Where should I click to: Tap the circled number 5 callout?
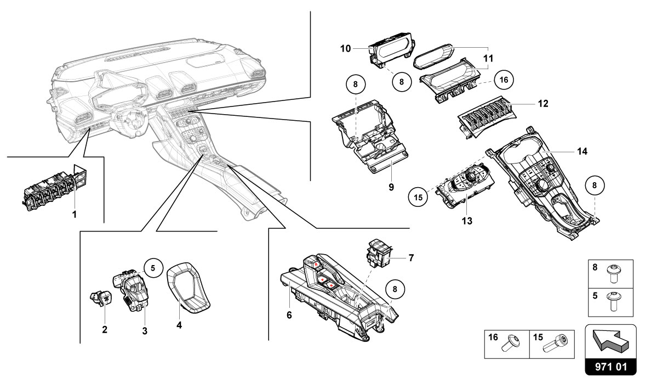tap(153, 268)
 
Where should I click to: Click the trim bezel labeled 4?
tap(188, 288)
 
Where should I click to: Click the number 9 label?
tap(391, 187)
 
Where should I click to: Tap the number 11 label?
tap(488, 57)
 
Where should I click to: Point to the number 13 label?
tap(467, 221)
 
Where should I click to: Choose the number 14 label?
tap(582, 151)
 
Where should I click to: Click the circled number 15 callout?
tap(419, 196)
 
